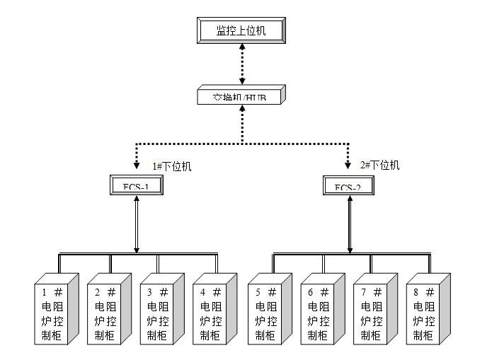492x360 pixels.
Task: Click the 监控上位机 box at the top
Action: click(x=241, y=30)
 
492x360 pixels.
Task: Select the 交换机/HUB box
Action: click(x=241, y=95)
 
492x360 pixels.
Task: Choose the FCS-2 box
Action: click(x=347, y=186)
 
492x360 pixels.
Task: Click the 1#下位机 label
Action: click(x=172, y=167)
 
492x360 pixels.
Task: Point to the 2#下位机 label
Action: click(x=379, y=166)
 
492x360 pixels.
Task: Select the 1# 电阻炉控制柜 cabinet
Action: click(x=55, y=311)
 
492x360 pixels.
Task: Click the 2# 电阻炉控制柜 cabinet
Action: click(x=108, y=311)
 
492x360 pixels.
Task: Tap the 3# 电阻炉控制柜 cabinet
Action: click(x=161, y=311)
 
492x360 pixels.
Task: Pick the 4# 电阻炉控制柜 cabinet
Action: click(x=213, y=311)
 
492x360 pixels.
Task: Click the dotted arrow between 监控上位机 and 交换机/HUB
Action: click(x=241, y=63)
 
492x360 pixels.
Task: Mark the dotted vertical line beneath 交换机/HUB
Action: click(x=241, y=124)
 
